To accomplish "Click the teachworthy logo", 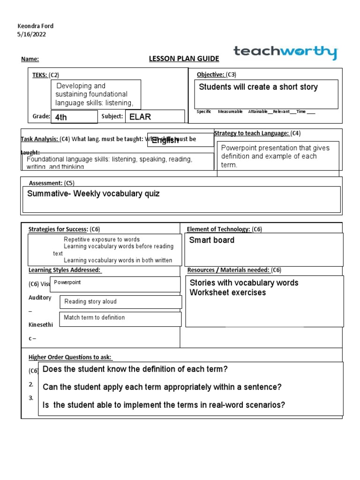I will tap(285, 52).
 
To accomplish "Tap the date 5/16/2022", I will tap(31, 34).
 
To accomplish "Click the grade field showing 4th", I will tap(74, 117).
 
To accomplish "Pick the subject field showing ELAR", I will tap(155, 116).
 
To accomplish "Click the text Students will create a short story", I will tap(258, 87).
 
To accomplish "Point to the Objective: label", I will tap(211, 75).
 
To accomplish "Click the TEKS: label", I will tap(40, 75).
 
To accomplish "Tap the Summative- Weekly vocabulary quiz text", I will tap(94, 194).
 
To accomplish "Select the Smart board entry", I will tap(211, 240).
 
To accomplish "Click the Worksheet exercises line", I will tap(227, 292).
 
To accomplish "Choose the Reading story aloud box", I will tap(120, 301).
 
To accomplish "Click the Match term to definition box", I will tap(120, 318).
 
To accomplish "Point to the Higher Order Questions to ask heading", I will tap(70, 357).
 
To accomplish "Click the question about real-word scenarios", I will tap(164, 405).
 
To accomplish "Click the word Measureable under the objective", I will tap(230, 112).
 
